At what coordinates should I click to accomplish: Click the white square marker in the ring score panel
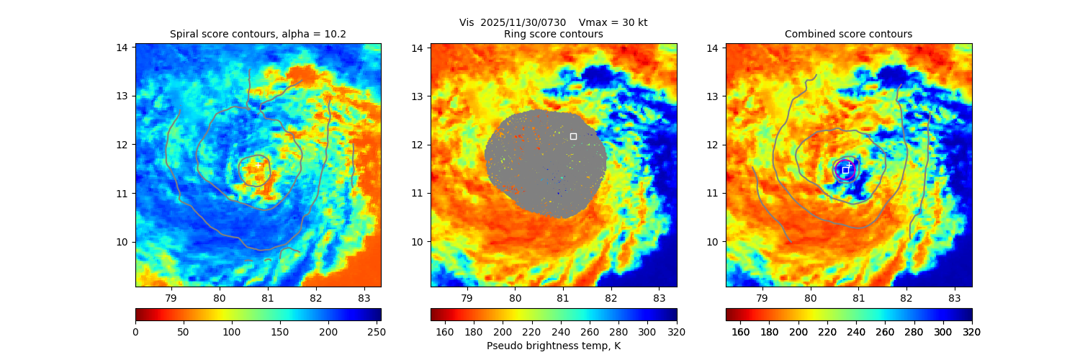(573, 136)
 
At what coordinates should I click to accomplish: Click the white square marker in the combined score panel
(845, 170)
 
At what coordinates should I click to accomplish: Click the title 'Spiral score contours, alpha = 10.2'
(258, 34)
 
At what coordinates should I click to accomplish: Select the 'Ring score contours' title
(553, 34)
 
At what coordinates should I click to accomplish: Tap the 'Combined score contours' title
(848, 34)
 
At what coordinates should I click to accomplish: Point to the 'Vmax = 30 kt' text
(613, 22)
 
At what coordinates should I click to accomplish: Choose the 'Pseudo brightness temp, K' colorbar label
(553, 346)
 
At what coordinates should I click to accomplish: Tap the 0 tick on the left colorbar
(136, 332)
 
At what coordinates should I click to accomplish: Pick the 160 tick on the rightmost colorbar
(740, 332)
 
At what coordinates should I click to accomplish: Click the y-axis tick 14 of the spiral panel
(122, 48)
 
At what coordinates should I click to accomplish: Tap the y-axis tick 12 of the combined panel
(713, 145)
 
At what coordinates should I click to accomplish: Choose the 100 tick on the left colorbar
(232, 332)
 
